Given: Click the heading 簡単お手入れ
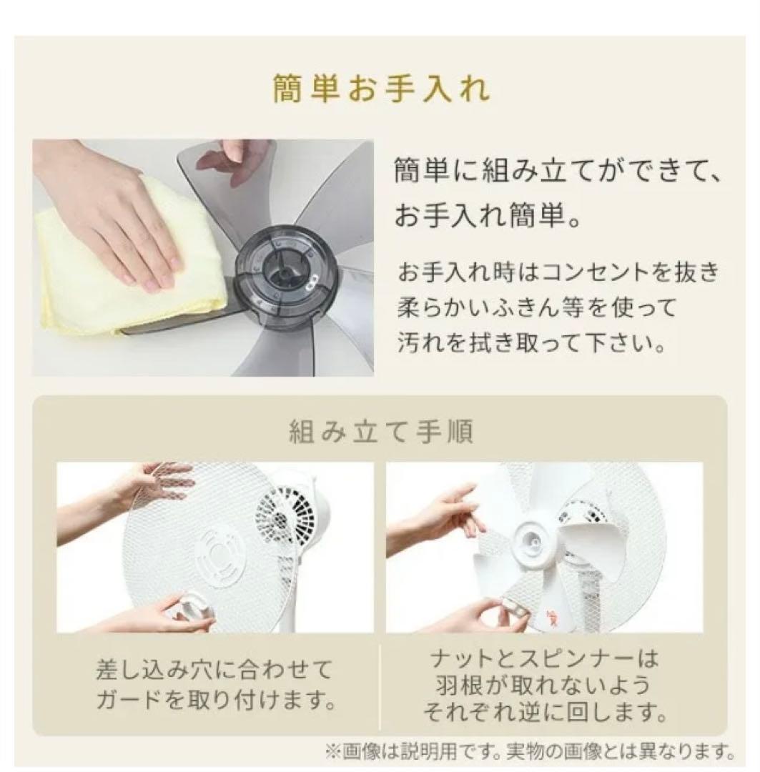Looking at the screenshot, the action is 381,89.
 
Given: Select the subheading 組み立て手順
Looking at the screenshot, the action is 380,431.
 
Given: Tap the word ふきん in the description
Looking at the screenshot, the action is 547,307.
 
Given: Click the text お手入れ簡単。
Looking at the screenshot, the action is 488,216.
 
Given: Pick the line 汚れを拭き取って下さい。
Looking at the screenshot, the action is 531,343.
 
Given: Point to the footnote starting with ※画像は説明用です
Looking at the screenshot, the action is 530,751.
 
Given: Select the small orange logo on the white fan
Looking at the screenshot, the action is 551,613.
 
